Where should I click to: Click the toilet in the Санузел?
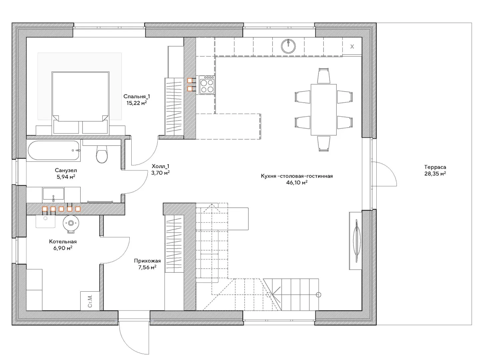pos(102,154)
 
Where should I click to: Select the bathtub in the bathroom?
pos(53,150)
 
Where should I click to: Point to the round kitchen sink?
pos(288,46)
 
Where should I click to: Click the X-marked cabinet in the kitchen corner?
pos(352,46)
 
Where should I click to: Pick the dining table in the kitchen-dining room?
pos(323,110)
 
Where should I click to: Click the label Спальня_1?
pos(137,96)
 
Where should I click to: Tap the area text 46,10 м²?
pos(297,183)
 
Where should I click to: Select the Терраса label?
pos(435,167)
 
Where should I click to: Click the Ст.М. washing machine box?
pos(90,301)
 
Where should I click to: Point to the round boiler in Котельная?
pos(71,223)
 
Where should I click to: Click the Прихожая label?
pos(147,261)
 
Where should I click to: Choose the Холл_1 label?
pos(161,167)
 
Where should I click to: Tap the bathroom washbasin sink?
pos(53,194)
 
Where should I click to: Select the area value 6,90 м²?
pos(63,248)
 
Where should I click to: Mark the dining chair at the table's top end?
pos(323,76)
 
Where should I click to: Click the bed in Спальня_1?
pos(80,103)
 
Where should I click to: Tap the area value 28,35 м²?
pos(435,174)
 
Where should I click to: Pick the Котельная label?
pos(63,242)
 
